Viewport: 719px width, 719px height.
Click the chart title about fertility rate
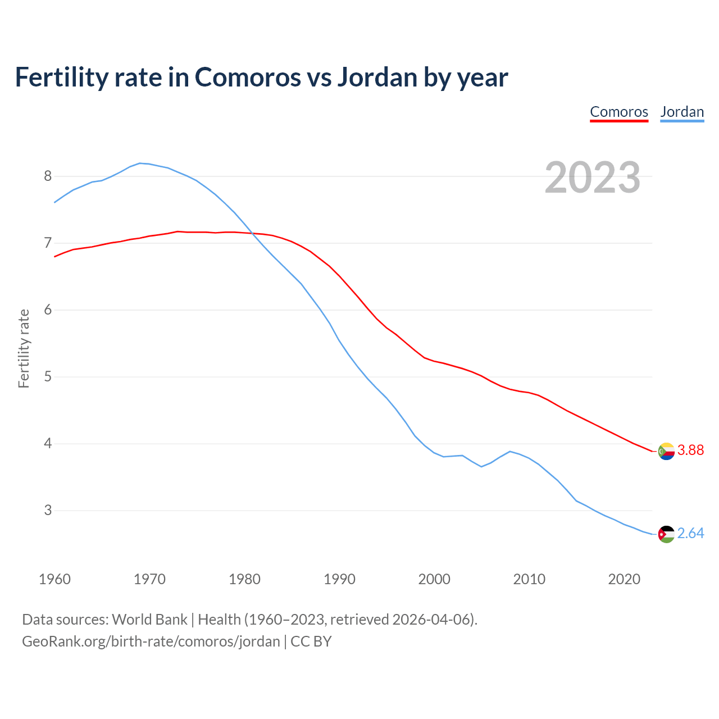[x=261, y=77]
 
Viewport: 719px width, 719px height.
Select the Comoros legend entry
[x=619, y=112]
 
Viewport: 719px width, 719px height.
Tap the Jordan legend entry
[x=682, y=112]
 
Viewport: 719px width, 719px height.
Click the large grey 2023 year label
[x=592, y=178]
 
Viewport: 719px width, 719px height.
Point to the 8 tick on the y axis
[x=48, y=176]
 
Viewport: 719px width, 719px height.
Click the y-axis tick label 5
[x=48, y=377]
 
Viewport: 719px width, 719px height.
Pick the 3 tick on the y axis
[x=48, y=511]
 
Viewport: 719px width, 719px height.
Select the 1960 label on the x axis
[x=54, y=579]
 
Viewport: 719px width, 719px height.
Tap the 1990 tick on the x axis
[x=339, y=579]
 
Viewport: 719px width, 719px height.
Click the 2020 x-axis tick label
[x=624, y=579]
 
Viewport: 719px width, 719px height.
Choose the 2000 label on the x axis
[x=434, y=579]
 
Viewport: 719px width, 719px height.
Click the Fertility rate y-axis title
[x=24, y=348]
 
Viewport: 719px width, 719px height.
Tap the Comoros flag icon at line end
[x=666, y=451]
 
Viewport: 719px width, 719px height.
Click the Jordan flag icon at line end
[x=666, y=534]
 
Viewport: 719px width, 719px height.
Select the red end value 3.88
[x=690, y=450]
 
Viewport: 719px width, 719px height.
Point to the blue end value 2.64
[x=690, y=534]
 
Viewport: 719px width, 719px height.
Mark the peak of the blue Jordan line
[x=140, y=163]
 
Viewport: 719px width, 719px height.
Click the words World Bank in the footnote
[x=149, y=620]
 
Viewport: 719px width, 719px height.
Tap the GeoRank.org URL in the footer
[x=151, y=641]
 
